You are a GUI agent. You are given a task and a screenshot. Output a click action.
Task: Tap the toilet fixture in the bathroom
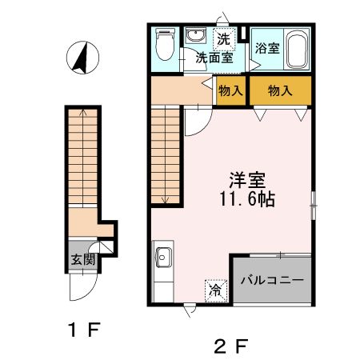point(165,46)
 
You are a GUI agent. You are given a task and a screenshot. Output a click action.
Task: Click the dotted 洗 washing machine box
point(225,38)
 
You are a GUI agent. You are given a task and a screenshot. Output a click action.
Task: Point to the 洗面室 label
point(216,58)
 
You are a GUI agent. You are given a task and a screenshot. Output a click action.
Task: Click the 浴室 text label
point(267,48)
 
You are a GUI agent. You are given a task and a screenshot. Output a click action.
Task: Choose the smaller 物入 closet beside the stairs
point(230,90)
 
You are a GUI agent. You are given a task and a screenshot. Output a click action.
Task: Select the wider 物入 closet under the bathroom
point(279,90)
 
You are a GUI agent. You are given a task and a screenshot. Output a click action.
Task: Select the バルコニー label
point(273,281)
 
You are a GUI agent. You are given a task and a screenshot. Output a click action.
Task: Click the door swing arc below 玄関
point(83,288)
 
